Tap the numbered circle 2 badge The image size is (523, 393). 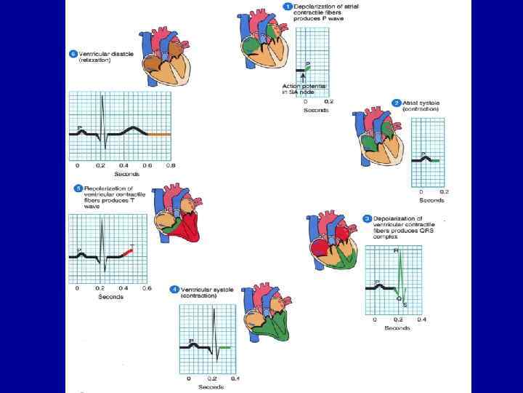pyautogui.click(x=397, y=103)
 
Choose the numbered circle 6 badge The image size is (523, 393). pyautogui.click(x=73, y=55)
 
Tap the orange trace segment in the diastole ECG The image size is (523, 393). pyautogui.click(x=159, y=135)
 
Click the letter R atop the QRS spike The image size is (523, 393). pyautogui.click(x=396, y=251)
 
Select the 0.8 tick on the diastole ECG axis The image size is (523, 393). pyautogui.click(x=171, y=166)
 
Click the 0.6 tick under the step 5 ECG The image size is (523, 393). pyautogui.click(x=147, y=289)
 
